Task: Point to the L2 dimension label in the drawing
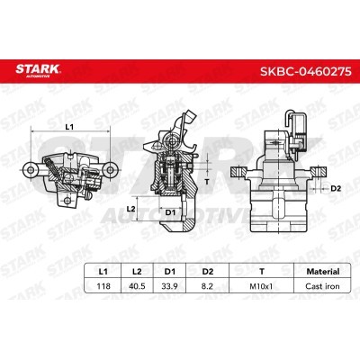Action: (131, 209)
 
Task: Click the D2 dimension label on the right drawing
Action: (335, 188)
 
